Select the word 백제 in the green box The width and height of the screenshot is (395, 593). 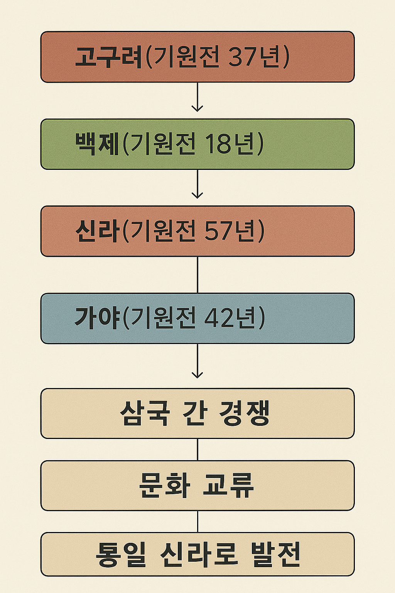[x=97, y=144]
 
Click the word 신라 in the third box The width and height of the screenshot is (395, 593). [x=97, y=231]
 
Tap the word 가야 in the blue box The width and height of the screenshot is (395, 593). [x=97, y=319]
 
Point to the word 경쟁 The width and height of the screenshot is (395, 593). [x=245, y=413]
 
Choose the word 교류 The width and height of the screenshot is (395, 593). [x=228, y=485]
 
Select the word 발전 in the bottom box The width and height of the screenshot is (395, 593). [x=275, y=554]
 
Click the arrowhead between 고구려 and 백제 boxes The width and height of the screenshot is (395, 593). [x=197, y=108]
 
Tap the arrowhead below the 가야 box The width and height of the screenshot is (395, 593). [x=197, y=374]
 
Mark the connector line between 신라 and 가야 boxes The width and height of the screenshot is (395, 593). [x=197, y=274]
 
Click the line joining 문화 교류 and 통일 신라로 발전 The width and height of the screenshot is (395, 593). [x=197, y=521]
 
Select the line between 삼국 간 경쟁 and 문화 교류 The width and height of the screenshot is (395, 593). [x=197, y=449]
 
